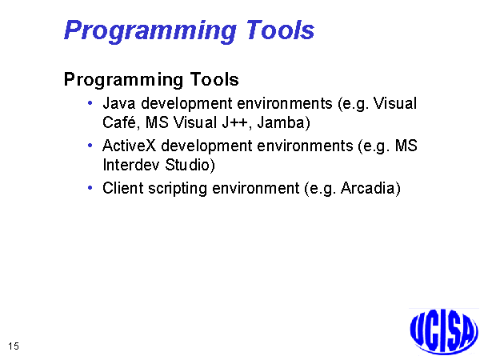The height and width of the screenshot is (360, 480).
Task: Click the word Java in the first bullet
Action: pos(118,103)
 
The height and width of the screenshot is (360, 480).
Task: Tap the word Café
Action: pos(118,122)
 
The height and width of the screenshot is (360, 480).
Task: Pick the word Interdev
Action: pos(131,165)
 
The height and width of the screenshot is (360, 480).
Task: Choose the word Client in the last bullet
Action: pos(122,188)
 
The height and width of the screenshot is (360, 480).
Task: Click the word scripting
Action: pos(178,189)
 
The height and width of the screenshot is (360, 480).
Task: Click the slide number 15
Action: pos(14,346)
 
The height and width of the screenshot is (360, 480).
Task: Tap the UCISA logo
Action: pos(444,331)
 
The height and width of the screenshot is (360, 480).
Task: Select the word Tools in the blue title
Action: pos(280,30)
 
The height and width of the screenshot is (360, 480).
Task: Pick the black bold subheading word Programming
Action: pos(124,80)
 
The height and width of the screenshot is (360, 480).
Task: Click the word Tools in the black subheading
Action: pos(214,79)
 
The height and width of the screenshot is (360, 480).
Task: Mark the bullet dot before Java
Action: pos(90,103)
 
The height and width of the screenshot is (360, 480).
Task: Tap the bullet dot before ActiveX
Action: pos(90,146)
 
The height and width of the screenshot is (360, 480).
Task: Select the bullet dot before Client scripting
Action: pos(90,188)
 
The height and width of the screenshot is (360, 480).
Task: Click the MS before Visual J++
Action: pos(157,122)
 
